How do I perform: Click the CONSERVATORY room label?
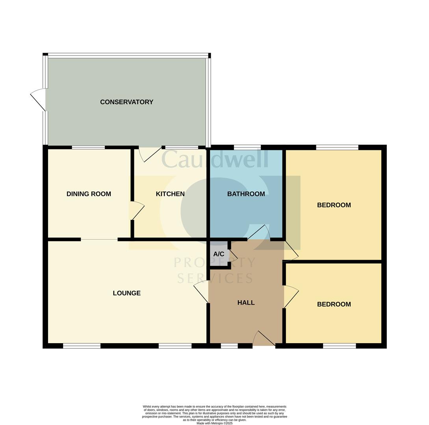coord(126,102)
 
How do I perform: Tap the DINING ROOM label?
coord(89,194)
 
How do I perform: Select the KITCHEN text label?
coord(170,194)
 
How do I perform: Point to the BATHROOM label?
coord(246,194)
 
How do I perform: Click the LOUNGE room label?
coord(126,293)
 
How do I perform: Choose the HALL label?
coord(246,303)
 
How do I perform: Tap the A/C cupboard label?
coord(219,254)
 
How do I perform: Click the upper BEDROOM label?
coord(334,205)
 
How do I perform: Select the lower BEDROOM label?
coord(334,304)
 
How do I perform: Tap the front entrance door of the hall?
coord(264,338)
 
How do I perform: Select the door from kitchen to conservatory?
coord(150,154)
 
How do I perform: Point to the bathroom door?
coord(259,233)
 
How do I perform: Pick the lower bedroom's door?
coord(291,296)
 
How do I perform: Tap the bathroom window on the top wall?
coord(247,148)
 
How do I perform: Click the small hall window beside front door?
coord(229,346)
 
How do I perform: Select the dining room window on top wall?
coord(88,148)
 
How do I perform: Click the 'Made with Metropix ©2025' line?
coord(214,423)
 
